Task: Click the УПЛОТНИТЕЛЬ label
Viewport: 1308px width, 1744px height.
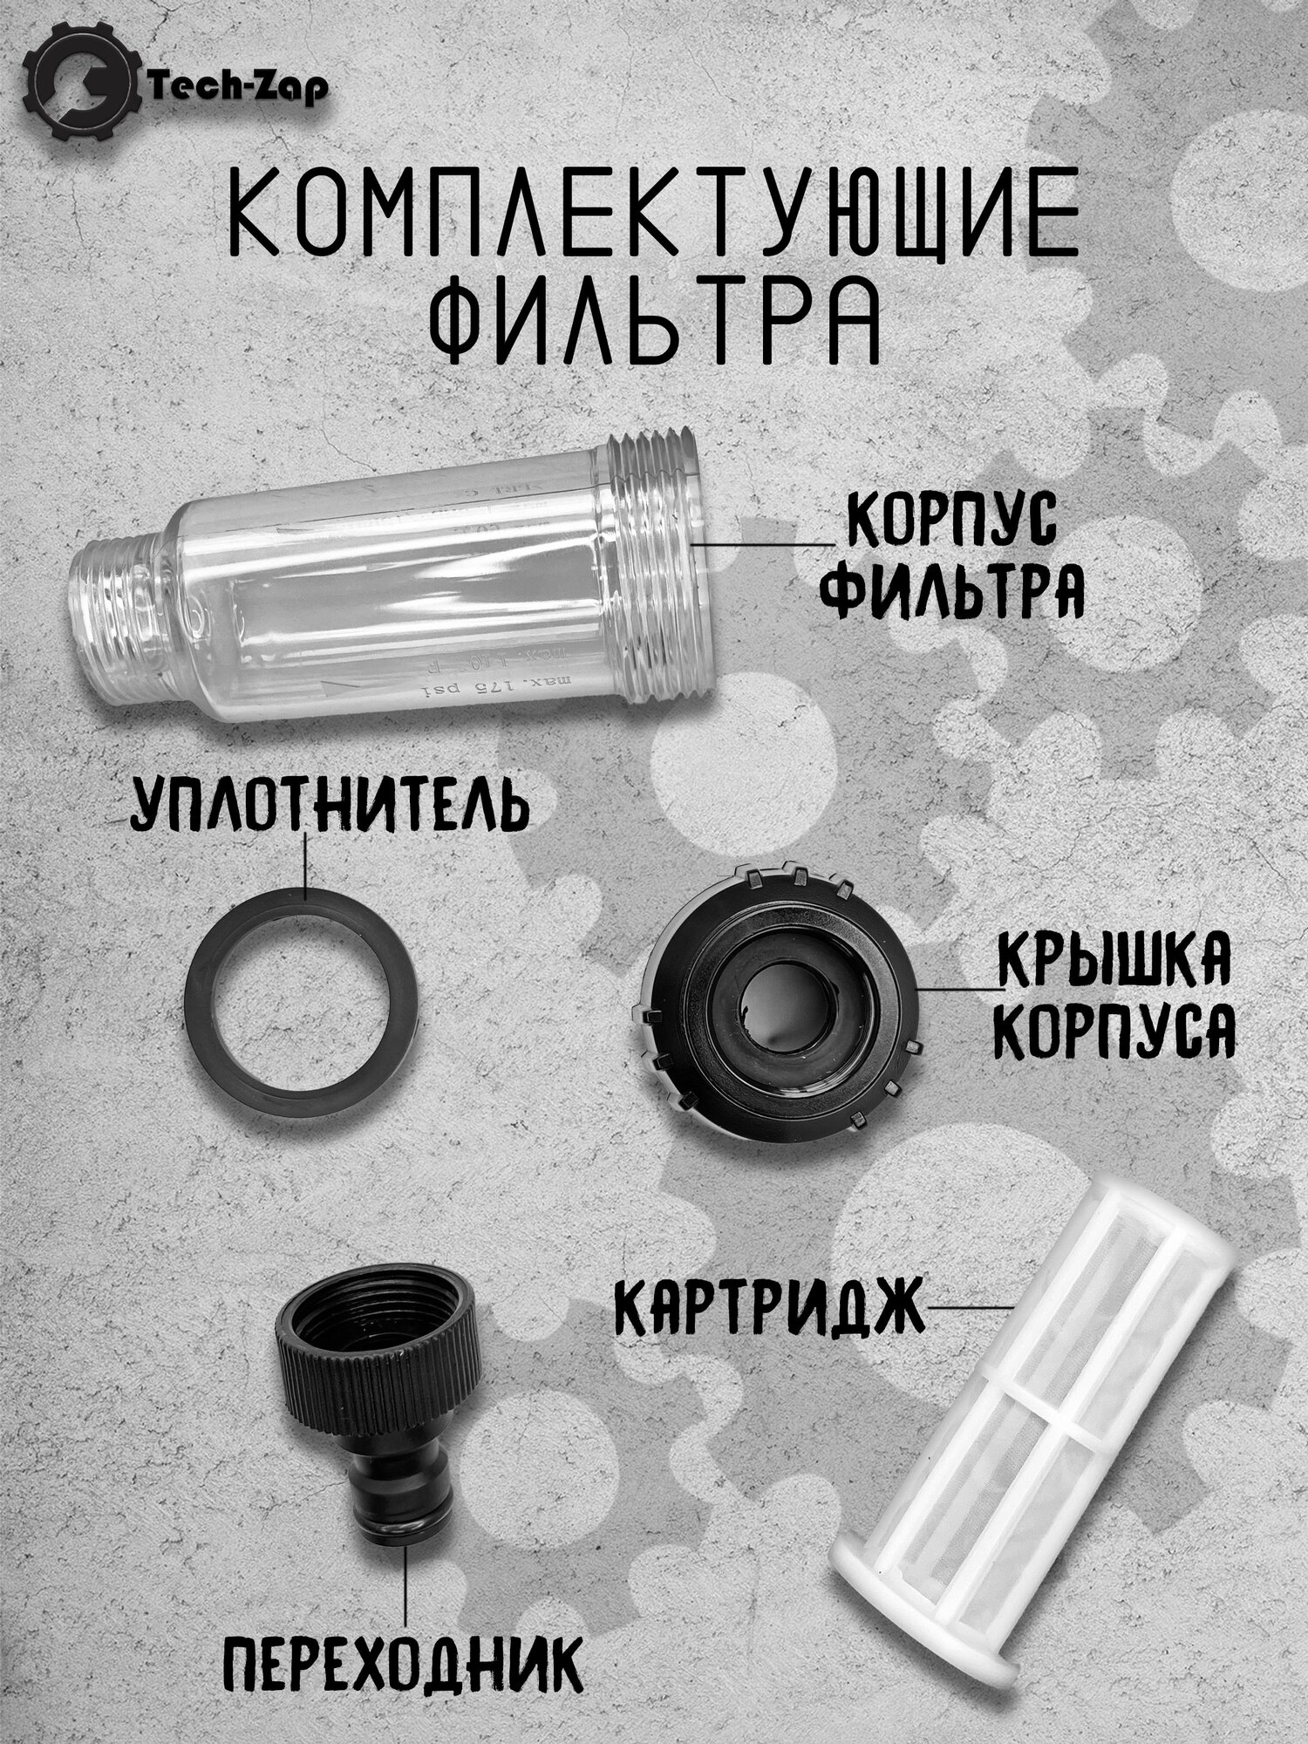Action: point(329,806)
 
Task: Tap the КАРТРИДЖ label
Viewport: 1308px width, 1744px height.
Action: point(770,1307)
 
